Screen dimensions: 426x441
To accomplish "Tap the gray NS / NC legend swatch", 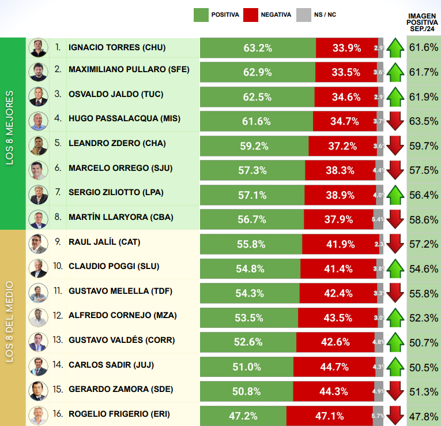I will click(303, 14).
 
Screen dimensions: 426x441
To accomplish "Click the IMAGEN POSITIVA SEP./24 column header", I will click(423, 21).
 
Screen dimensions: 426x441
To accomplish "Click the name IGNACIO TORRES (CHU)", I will click(117, 47).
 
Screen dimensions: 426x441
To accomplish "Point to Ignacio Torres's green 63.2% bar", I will click(258, 48).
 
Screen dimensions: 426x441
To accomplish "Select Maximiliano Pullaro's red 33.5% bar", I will click(346, 72).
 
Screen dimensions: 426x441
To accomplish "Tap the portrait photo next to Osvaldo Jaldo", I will click(38, 96).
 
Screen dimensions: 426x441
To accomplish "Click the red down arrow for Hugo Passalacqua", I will click(395, 121).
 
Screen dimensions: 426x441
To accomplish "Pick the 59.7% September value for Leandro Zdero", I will click(423, 145).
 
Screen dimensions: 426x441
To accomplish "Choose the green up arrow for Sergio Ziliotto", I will click(395, 195).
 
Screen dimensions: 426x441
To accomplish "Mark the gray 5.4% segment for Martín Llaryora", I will click(378, 219).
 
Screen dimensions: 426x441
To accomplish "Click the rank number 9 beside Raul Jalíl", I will click(58, 242).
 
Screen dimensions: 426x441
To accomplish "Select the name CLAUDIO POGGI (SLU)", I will click(114, 266).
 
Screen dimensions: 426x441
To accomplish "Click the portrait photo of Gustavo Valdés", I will click(38, 341).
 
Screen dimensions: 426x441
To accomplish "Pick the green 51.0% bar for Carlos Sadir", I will click(247, 366).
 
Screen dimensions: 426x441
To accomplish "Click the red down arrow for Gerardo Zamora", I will click(395, 390).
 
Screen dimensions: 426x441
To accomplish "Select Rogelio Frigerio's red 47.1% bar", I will click(329, 415).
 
